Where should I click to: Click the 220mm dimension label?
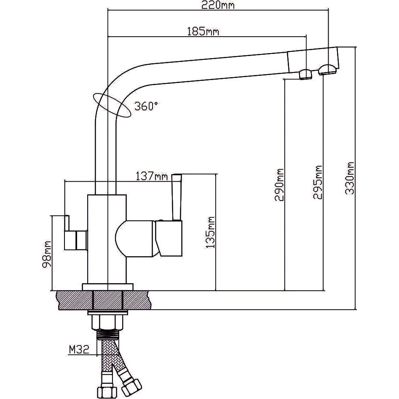[218, 5]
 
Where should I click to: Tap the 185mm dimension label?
[203, 32]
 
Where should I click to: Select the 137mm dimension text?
[152, 176]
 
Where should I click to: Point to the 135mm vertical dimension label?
[210, 232]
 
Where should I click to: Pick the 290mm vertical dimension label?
[279, 185]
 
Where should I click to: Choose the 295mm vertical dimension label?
[318, 182]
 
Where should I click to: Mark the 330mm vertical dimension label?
[350, 178]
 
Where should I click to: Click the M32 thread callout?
[79, 349]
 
